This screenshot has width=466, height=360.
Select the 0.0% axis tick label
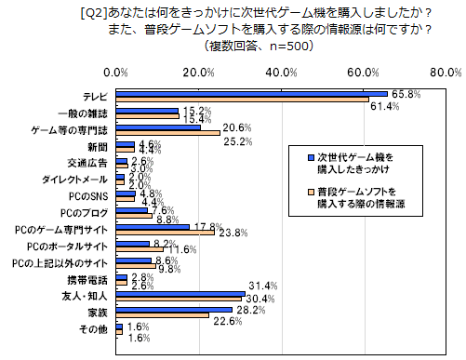(116, 72)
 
